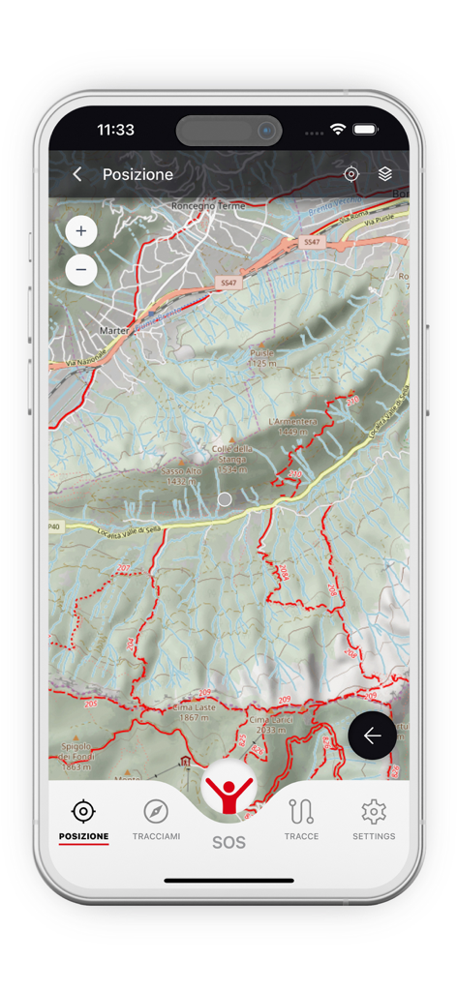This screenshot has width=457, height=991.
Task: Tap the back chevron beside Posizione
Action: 77,174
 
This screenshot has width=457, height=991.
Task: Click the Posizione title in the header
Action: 137,174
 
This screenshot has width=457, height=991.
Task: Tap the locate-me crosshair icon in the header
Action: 351,174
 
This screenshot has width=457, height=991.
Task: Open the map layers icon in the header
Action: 385,174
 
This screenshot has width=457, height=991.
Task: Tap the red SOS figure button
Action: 229,792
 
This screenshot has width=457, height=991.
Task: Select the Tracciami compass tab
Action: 156,819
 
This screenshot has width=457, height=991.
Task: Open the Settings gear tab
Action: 374,819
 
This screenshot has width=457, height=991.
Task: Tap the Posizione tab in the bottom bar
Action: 83,819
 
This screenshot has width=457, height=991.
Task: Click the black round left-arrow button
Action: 372,736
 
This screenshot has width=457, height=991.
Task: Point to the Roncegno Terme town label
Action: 209,206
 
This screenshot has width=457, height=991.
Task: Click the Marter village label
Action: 114,330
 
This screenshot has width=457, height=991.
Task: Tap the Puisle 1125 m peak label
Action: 261,359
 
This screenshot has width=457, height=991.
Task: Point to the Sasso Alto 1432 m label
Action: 181,475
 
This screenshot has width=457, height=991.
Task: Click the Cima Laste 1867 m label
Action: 190,712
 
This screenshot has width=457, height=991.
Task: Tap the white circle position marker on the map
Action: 225,499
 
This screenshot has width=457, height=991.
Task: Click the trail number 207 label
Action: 123,568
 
